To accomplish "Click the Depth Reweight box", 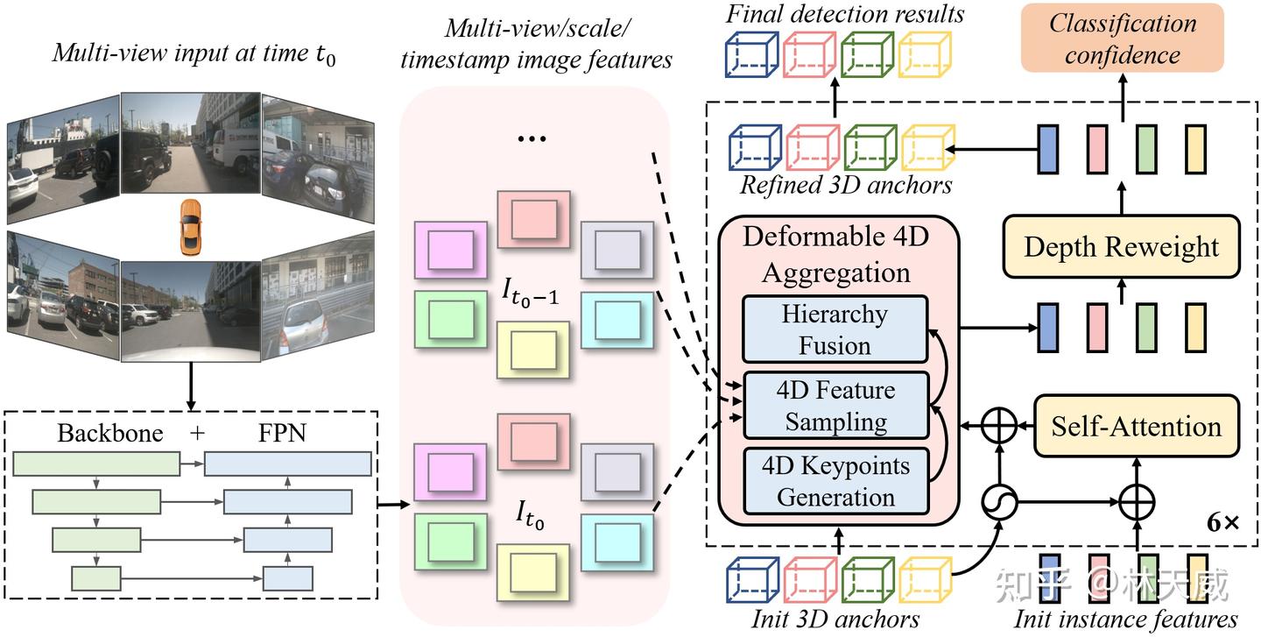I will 1121,246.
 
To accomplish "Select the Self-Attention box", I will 1137,427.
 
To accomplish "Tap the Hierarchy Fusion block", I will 835,329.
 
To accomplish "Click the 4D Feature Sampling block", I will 835,406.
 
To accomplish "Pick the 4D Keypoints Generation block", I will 835,481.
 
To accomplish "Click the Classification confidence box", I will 1122,39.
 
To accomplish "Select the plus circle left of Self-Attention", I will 999,427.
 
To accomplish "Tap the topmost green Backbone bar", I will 96,464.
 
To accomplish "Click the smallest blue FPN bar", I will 288,577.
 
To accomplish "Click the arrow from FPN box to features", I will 394,505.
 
